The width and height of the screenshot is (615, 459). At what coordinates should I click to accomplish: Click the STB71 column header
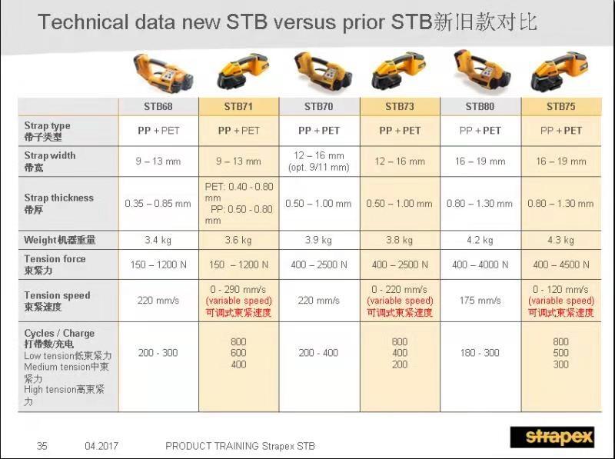coord(238,106)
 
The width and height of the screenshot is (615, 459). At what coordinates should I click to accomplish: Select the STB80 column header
coord(480,106)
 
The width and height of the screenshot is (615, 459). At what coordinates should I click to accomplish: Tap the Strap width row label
coord(50,161)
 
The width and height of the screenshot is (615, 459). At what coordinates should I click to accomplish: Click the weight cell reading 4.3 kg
coord(561,240)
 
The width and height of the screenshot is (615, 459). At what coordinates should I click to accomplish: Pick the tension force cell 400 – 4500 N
coord(561,264)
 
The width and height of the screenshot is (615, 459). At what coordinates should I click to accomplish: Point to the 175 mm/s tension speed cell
coord(480,301)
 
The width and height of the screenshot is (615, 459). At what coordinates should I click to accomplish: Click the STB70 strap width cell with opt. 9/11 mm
coord(319,161)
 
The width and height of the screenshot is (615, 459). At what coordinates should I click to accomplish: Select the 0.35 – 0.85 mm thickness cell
coord(158,204)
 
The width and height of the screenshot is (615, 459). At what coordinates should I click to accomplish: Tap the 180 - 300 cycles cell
coord(480,353)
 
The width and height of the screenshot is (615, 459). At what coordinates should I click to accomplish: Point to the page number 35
coord(42,446)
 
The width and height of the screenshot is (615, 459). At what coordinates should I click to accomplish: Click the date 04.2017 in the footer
coord(101,446)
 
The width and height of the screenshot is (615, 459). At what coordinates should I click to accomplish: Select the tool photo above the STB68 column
coord(163,72)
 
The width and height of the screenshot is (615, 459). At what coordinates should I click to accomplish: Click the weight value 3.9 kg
coord(319,240)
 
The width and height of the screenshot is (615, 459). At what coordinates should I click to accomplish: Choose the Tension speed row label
coord(57,301)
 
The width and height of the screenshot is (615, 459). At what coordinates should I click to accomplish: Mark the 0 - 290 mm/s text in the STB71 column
coord(238,290)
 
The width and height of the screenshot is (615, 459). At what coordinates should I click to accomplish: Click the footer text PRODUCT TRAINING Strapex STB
coord(240,446)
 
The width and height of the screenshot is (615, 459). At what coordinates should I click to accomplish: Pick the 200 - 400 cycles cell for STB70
coord(318,353)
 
